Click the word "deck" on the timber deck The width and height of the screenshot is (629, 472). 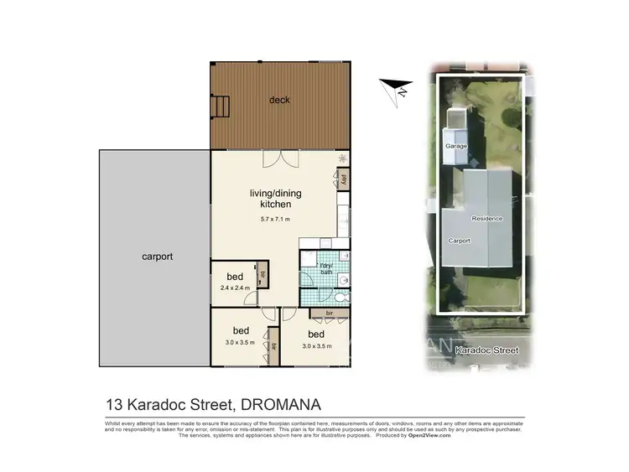(279, 101)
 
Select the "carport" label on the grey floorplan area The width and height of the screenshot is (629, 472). (157, 257)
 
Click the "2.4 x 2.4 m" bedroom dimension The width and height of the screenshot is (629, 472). (236, 288)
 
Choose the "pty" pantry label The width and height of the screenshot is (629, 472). (343, 179)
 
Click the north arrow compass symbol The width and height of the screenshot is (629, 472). (395, 87)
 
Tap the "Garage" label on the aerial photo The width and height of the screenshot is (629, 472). (456, 146)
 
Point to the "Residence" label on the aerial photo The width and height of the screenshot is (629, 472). (486, 219)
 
